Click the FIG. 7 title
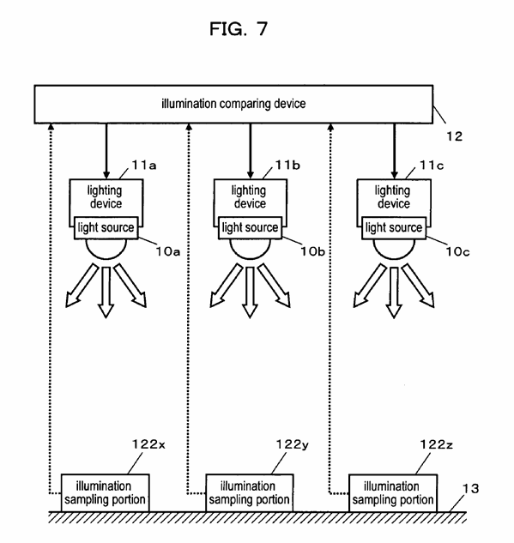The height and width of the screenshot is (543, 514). click(x=239, y=29)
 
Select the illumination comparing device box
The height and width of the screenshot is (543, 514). click(x=233, y=104)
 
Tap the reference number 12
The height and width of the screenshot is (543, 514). click(x=455, y=136)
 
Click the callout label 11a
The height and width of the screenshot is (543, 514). click(x=144, y=166)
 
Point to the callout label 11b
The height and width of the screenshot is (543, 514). click(x=287, y=166)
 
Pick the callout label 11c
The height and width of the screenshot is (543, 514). click(x=432, y=166)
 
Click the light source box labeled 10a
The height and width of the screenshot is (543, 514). click(x=106, y=228)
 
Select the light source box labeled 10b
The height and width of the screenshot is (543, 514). click(x=250, y=228)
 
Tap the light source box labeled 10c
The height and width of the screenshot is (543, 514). click(x=394, y=228)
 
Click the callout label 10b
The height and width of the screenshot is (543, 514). click(x=312, y=251)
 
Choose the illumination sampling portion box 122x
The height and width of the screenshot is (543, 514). click(x=106, y=492)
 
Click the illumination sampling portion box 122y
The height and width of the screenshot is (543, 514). click(x=250, y=492)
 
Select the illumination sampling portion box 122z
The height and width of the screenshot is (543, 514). click(x=393, y=493)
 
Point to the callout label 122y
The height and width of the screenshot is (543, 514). click(x=293, y=444)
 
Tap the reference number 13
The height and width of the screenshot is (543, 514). click(x=471, y=489)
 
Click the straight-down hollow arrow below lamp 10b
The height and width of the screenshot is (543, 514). click(x=250, y=293)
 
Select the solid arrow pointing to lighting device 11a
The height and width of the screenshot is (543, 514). click(x=106, y=151)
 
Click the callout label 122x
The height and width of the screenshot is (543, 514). click(x=148, y=444)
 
